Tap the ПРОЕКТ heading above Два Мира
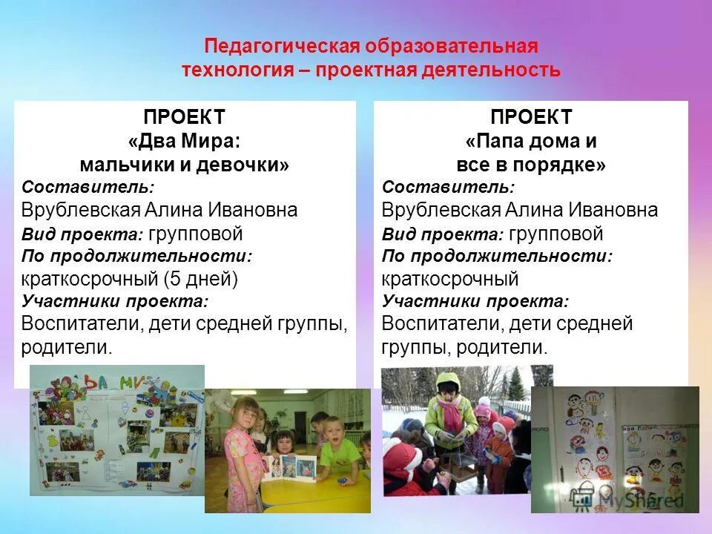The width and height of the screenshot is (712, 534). [184, 117]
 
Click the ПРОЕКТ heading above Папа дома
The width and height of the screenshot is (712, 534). [531, 117]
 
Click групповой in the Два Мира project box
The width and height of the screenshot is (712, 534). [196, 234]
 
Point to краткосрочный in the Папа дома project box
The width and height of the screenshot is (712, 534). [449, 280]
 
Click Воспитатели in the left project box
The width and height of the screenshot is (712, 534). [82, 324]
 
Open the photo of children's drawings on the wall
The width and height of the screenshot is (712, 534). [615, 449]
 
